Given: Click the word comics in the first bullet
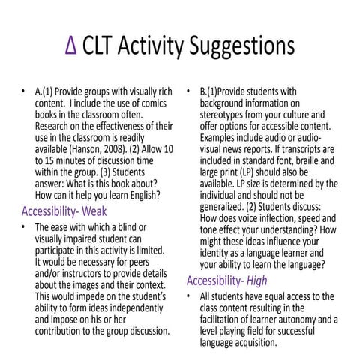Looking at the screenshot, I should (149, 104).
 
